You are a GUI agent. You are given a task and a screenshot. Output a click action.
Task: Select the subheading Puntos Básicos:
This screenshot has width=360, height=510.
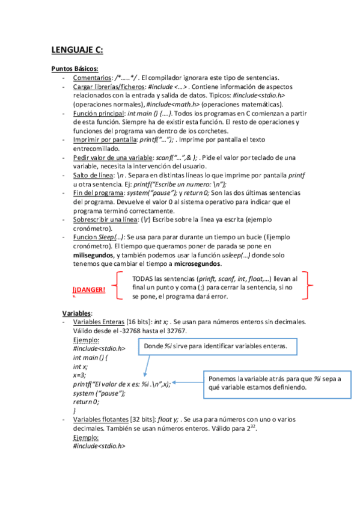tap(75, 69)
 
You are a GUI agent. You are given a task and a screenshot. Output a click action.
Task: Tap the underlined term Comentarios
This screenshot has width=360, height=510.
tap(92, 78)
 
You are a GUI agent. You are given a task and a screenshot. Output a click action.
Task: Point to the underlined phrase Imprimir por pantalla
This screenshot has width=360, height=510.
tap(105, 140)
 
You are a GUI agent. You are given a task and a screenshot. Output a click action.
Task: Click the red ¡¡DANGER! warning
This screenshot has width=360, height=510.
tap(89, 290)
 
